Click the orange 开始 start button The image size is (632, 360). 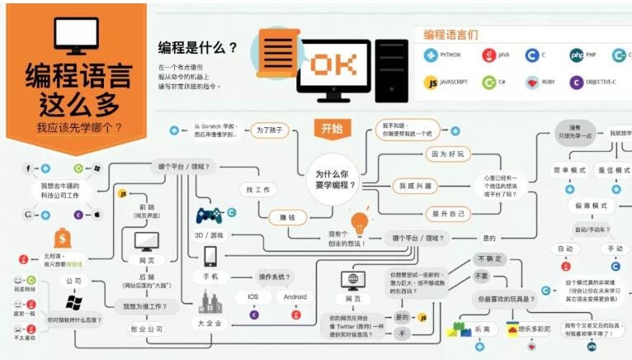click(332, 128)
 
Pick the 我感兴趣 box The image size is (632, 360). click(414, 185)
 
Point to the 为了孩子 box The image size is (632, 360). click(270, 130)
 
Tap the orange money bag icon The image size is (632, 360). click(62, 239)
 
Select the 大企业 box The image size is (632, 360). click(210, 324)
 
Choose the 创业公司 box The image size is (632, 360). click(145, 329)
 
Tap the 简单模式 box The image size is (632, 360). click(568, 170)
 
